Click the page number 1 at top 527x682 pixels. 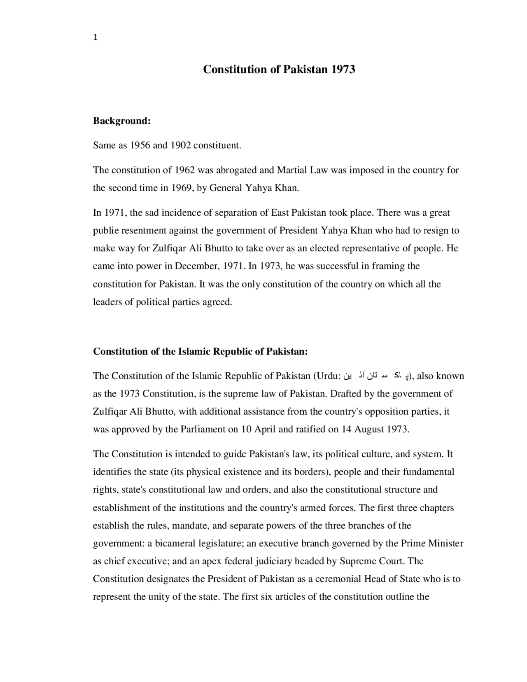pos(96,38)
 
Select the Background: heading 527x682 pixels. pos(122,121)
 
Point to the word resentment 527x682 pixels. pos(145,230)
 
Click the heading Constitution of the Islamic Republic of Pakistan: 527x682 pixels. pos(201,351)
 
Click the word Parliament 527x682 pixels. pos(204,429)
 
